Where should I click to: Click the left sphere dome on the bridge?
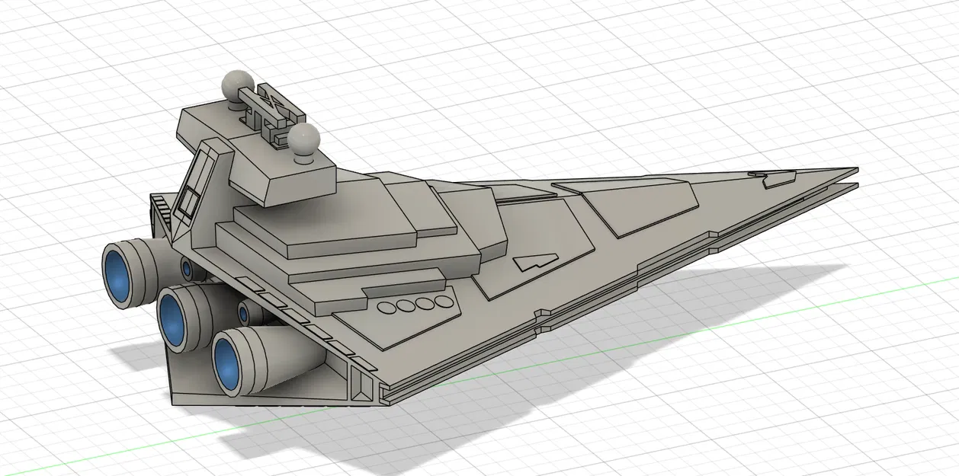click(x=238, y=82)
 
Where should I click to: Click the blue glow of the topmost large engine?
click(x=118, y=273)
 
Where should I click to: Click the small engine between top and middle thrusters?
click(x=187, y=267)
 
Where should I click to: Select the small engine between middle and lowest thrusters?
click(x=245, y=312)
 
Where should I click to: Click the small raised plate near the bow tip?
click(x=775, y=180)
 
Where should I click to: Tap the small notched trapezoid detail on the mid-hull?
click(x=533, y=263)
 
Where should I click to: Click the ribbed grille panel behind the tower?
click(x=160, y=206)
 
